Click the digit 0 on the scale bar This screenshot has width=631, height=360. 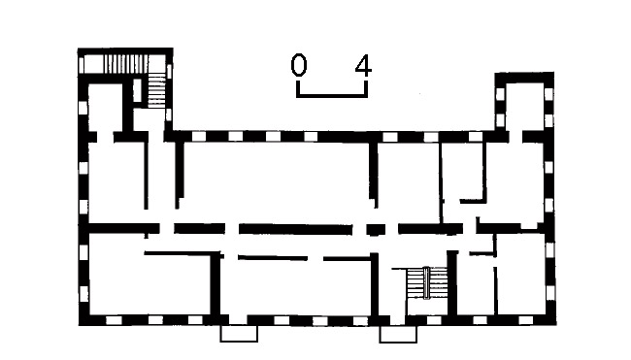click(x=299, y=66)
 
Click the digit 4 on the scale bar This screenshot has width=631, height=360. click(x=363, y=66)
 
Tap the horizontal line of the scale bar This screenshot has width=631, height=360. click(x=332, y=96)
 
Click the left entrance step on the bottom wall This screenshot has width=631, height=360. click(x=239, y=334)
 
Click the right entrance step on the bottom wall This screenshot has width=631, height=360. click(x=398, y=334)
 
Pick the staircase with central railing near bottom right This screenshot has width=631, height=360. click(x=427, y=283)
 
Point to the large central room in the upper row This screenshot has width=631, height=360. click(x=277, y=182)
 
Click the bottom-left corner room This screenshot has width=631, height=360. click(x=149, y=284)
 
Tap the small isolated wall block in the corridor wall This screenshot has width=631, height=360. click(x=376, y=230)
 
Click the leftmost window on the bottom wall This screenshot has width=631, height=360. click(x=114, y=320)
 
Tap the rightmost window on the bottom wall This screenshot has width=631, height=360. click(x=526, y=320)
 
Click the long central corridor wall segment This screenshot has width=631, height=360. click(x=295, y=230)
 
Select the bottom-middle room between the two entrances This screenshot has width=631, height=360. click(x=296, y=287)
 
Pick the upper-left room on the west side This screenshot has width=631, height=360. click(x=116, y=182)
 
